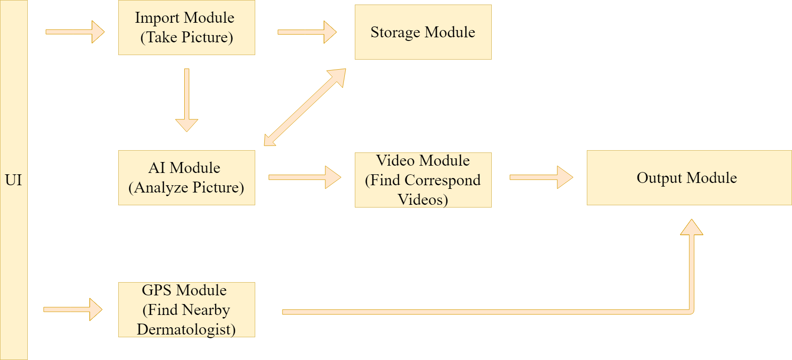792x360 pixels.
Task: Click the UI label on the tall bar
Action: pos(14,180)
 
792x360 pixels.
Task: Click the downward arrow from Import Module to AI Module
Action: pos(187,100)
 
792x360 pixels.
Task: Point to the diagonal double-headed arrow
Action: pos(305,107)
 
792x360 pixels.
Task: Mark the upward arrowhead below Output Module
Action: pos(691,228)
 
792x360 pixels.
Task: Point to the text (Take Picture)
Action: pos(187,37)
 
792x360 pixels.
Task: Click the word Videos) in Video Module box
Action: pos(423,199)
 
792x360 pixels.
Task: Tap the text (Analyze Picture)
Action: pos(186,188)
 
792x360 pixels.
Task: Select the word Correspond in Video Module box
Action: pos(442,180)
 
